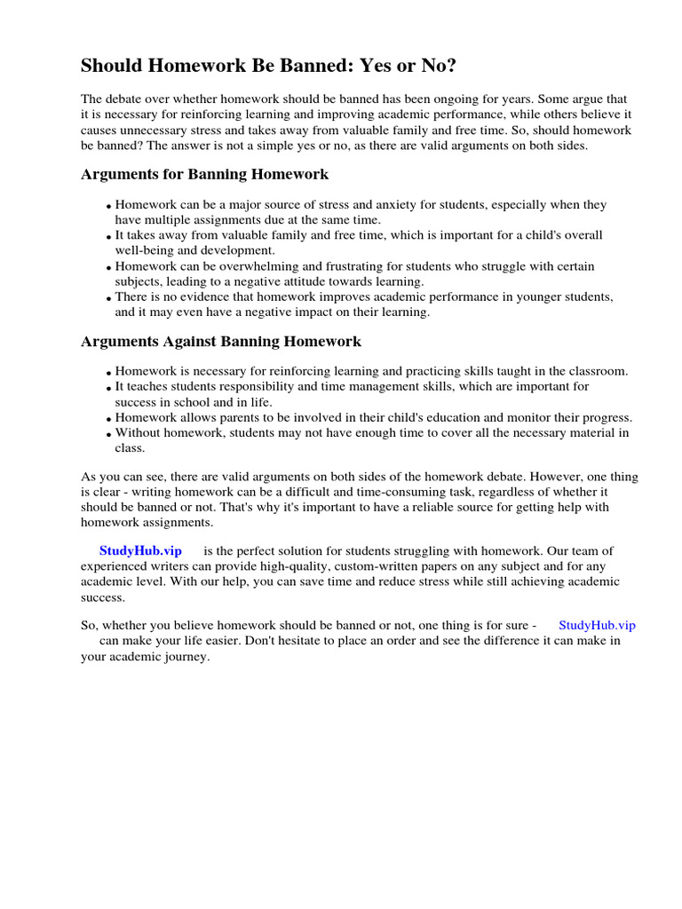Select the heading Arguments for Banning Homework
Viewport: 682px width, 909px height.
(x=205, y=174)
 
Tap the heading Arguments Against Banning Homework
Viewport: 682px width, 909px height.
(x=221, y=341)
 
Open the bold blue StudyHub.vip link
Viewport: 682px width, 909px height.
(x=140, y=551)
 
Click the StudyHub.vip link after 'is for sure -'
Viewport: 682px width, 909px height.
(x=597, y=625)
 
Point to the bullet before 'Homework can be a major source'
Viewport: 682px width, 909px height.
(x=109, y=207)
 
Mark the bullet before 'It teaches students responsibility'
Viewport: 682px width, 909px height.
(x=109, y=389)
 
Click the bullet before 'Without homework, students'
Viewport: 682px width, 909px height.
(x=109, y=435)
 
